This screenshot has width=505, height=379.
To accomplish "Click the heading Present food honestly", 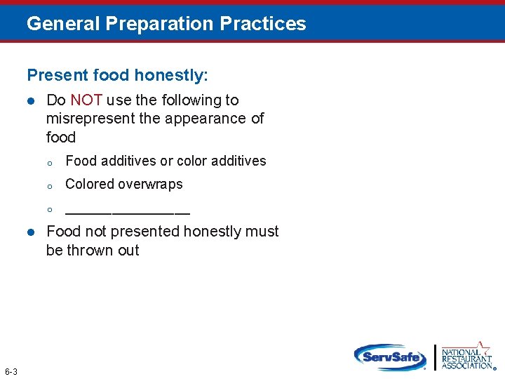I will click(117, 74).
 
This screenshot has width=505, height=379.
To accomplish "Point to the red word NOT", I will click(86, 100).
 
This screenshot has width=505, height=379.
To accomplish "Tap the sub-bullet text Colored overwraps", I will click(123, 185).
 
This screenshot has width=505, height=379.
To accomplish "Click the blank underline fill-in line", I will click(127, 211).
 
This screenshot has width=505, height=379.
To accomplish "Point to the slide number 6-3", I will click(11, 371).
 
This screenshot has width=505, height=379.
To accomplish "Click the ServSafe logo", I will click(390, 357).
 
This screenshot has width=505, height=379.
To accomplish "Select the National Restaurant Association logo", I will click(466, 356).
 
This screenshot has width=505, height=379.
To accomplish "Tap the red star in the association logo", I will click(483, 347).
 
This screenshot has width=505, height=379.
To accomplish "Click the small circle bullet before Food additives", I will click(50, 162).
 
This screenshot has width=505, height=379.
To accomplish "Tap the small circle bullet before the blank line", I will click(50, 209).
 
